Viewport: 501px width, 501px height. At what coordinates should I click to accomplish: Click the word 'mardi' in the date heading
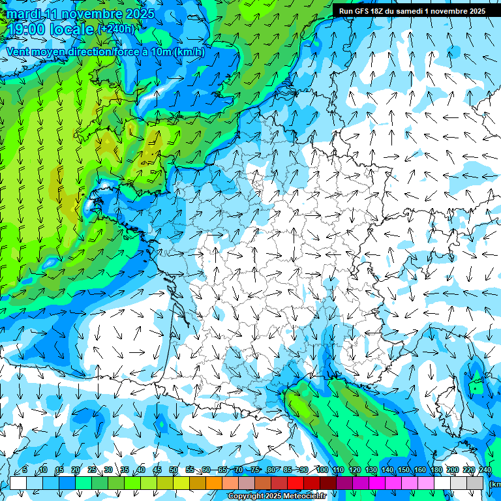click(24, 14)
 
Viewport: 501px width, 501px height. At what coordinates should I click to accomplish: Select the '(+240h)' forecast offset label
click(116, 29)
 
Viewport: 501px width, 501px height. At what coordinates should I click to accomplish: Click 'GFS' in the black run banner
click(362, 11)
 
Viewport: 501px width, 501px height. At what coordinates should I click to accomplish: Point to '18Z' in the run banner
click(382, 11)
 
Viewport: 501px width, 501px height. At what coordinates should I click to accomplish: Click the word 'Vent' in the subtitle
click(19, 52)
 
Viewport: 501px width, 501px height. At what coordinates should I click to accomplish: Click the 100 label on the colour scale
click(322, 470)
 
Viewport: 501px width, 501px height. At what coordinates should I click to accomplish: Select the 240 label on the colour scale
click(485, 470)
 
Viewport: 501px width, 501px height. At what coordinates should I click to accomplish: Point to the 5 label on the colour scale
click(24, 470)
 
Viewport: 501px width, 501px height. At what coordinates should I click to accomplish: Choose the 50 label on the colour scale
click(174, 470)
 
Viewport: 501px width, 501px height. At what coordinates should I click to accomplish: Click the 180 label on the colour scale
click(436, 470)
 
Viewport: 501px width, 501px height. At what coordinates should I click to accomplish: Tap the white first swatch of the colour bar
click(18, 483)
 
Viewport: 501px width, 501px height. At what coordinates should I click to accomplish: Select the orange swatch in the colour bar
click(214, 483)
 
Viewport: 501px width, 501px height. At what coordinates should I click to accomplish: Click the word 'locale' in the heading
click(72, 30)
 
